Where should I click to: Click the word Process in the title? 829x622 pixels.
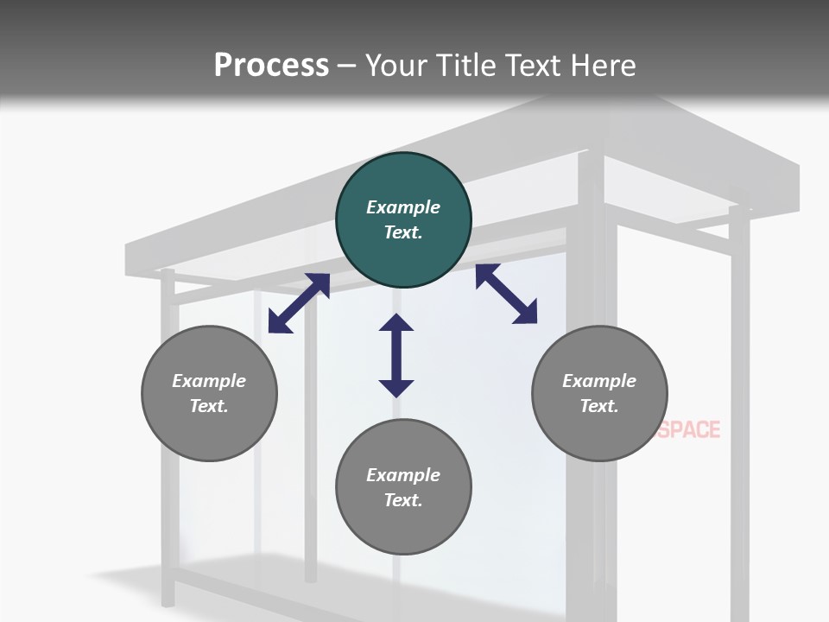click(271, 66)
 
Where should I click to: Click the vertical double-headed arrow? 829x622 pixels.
click(396, 356)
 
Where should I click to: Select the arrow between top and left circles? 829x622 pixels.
click(299, 303)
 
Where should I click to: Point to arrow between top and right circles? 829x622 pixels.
click(507, 295)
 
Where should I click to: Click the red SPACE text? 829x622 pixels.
click(689, 429)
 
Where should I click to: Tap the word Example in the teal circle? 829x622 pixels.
click(403, 207)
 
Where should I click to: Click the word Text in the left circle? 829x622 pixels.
click(209, 406)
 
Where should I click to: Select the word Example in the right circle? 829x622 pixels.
click(599, 381)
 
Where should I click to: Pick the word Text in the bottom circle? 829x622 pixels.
click(403, 500)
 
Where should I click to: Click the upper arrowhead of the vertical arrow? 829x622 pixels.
click(396, 323)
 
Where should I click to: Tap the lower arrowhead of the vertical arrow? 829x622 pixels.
click(396, 388)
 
